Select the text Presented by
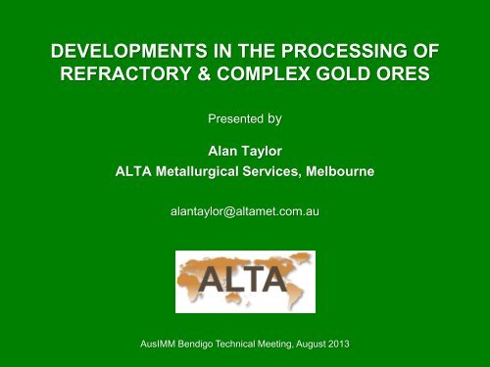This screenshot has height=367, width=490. tap(245, 124)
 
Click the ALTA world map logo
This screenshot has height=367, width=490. tap(244, 281)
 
